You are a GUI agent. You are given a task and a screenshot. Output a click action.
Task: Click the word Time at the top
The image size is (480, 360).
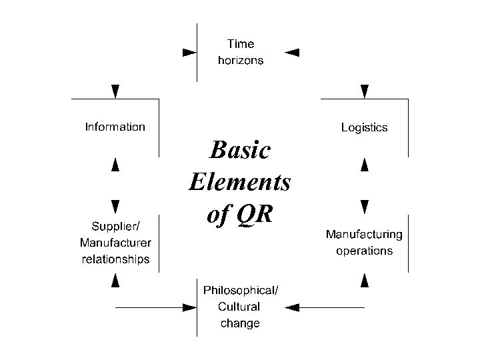(240, 44)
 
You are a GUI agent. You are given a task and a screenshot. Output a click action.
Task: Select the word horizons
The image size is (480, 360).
(240, 60)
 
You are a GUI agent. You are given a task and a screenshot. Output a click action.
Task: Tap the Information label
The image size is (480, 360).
(115, 127)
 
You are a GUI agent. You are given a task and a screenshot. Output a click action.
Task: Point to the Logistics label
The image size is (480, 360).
(364, 127)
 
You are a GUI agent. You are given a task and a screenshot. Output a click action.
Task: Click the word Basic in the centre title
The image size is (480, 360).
(240, 151)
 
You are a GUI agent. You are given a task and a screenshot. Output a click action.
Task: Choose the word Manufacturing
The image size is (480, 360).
(364, 235)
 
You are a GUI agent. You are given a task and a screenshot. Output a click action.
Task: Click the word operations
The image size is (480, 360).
(364, 251)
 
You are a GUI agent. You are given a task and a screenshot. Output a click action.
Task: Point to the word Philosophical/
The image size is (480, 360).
(241, 290)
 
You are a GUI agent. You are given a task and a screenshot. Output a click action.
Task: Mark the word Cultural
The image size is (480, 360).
(239, 307)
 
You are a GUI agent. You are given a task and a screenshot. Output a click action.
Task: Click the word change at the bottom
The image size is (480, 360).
(240, 323)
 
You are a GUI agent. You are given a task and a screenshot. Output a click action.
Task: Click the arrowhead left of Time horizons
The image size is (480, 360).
(190, 51)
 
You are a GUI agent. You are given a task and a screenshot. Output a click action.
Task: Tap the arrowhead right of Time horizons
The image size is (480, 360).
(292, 51)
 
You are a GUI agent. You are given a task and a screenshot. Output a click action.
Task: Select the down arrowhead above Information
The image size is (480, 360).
(116, 91)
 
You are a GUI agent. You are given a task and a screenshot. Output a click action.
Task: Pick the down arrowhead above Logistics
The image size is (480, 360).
(365, 91)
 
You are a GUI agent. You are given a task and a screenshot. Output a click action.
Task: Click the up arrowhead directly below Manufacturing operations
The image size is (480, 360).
(365, 280)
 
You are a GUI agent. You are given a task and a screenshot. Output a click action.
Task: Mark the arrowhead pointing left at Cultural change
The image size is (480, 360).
(293, 307)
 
